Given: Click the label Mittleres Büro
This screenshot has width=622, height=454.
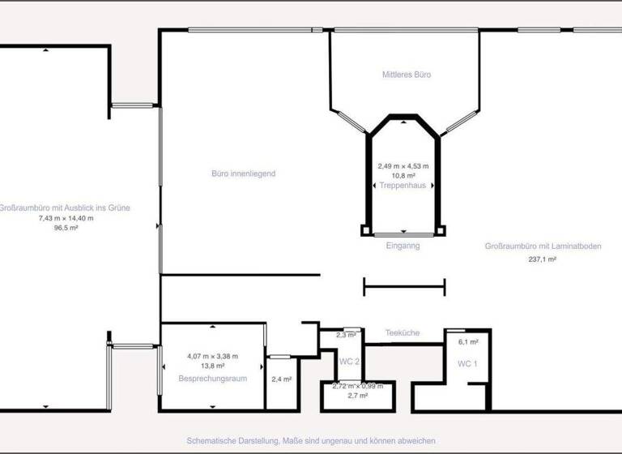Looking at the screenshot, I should pos(406,75).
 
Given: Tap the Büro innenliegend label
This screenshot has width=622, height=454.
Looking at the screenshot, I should pos(244,173).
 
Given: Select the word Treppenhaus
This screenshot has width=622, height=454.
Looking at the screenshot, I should pos(403,186).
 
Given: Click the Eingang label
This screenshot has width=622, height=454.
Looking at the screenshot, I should pos(403,246).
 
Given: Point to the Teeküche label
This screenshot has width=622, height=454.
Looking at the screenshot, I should pos(402,333).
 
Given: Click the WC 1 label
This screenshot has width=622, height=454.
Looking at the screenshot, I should pos(467,364).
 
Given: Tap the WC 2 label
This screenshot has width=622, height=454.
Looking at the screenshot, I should pos(350,361).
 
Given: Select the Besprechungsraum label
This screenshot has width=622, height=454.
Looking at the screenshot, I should pos(212,379).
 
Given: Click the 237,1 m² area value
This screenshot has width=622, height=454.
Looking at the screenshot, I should pos(542,259).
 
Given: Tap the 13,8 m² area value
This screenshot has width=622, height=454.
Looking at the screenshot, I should pos(212,366).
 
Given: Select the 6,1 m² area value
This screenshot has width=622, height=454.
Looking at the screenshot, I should pos(468,342).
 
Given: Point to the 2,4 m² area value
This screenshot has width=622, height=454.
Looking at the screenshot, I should pos(282,379).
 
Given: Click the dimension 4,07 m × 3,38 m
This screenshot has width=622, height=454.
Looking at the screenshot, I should pos(212,356).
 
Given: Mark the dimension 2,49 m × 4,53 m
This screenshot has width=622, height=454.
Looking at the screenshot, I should pos(403,166).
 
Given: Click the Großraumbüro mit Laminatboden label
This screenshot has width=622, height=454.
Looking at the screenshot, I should pos(543,246).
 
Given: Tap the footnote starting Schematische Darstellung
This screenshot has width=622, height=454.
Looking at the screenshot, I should pos(311,439).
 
